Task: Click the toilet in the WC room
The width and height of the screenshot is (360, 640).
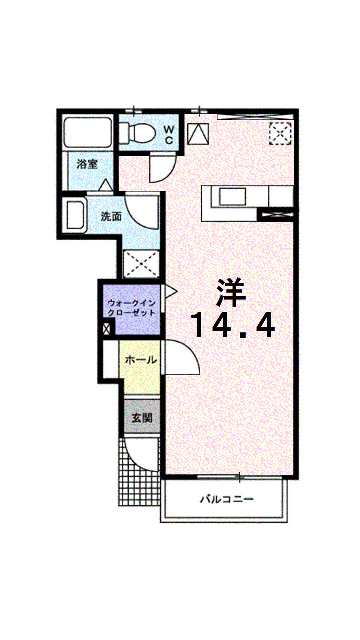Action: pyautogui.click(x=137, y=133)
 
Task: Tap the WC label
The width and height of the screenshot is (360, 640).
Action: pyautogui.click(x=169, y=135)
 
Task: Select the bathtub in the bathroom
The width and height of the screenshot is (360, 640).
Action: pyautogui.click(x=87, y=133)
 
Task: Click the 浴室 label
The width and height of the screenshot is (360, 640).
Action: pyautogui.click(x=87, y=164)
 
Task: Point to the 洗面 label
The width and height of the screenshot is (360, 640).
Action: pyautogui.click(x=111, y=217)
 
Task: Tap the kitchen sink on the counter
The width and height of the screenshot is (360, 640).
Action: pyautogui.click(x=232, y=197)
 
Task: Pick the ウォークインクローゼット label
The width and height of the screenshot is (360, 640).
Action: pyautogui.click(x=131, y=308)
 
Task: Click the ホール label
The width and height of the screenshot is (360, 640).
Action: pyautogui.click(x=141, y=360)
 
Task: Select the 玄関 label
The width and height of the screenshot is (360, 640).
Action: pyautogui.click(x=142, y=418)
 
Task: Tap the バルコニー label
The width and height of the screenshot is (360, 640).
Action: pyautogui.click(x=227, y=499)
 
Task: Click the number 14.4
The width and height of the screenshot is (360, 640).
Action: pyautogui.click(x=232, y=325)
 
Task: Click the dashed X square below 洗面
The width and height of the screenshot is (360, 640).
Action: pyautogui.click(x=142, y=264)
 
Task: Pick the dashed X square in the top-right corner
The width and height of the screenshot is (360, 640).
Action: pyautogui.click(x=280, y=133)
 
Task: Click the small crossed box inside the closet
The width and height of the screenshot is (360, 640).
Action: pyautogui.click(x=106, y=329)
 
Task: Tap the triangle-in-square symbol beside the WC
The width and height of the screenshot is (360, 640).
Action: pyautogui.click(x=198, y=133)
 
